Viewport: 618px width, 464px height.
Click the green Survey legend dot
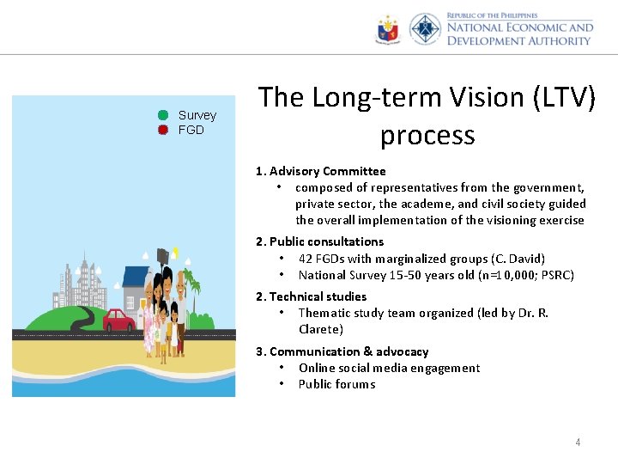162,115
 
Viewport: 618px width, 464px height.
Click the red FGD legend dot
162,130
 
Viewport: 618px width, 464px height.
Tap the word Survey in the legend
197,115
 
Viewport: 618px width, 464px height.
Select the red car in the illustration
118,321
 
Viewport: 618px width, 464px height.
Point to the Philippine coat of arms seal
388,30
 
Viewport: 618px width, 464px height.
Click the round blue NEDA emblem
425,29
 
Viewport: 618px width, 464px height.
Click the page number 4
578,443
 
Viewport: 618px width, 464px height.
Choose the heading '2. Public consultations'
319,241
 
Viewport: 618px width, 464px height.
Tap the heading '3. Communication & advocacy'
342,351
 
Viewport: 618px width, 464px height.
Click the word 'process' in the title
427,135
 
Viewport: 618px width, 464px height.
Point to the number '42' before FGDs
306,259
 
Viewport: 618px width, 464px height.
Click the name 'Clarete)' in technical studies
320,329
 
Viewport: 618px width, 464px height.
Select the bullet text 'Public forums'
336,384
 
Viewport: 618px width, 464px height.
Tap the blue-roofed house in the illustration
134,288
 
